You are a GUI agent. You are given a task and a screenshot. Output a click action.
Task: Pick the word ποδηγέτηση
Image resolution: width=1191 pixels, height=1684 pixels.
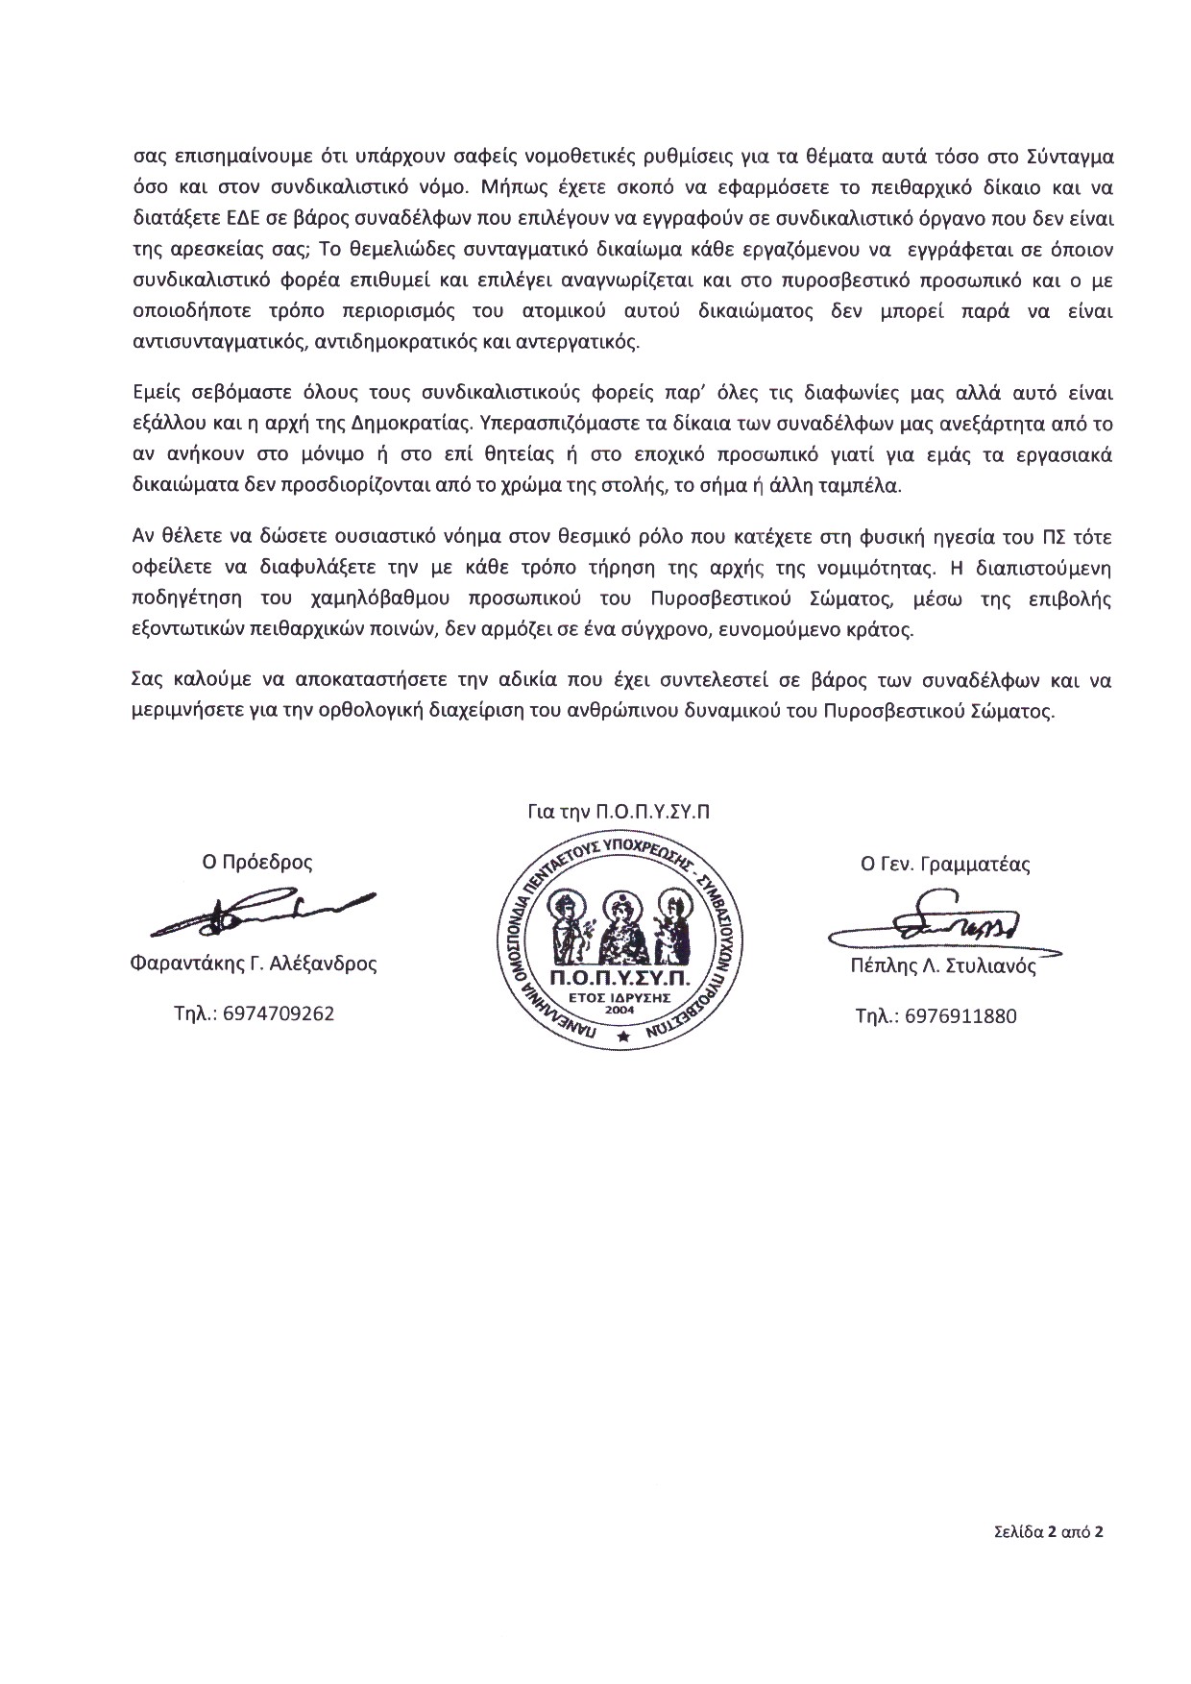click(x=176, y=598)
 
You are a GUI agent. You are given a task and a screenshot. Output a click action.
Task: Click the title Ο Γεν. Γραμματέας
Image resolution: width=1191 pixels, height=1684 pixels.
click(x=945, y=864)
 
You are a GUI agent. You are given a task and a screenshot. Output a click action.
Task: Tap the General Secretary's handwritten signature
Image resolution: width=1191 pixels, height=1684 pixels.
click(x=946, y=925)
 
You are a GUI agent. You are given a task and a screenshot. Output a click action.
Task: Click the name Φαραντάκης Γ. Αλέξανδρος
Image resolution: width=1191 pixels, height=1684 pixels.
click(x=253, y=964)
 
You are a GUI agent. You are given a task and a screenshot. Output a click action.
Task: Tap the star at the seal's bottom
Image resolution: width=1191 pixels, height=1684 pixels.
click(x=622, y=1037)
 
